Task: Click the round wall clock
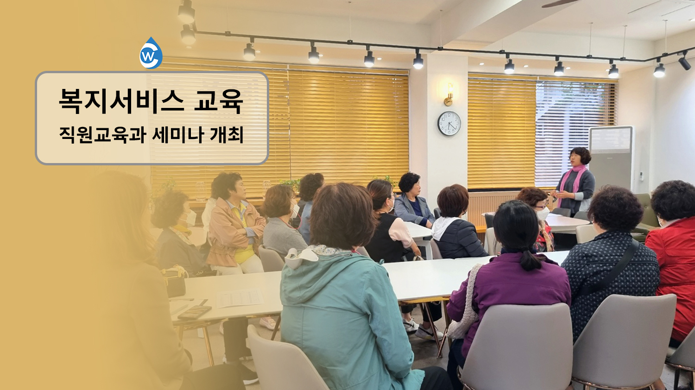[449, 123]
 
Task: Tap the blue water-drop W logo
[151, 53]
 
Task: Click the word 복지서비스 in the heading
[121, 101]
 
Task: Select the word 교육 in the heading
[218, 101]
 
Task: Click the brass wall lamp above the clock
[449, 94]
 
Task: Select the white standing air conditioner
[611, 159]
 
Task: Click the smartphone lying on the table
[194, 313]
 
